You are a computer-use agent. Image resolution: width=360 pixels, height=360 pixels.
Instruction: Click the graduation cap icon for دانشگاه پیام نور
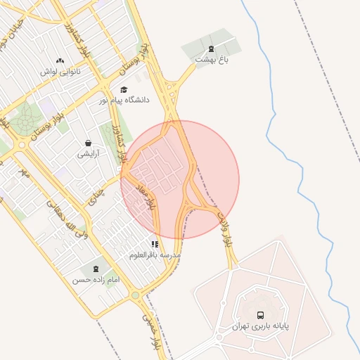(124, 89)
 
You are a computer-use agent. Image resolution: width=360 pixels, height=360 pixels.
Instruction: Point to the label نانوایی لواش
(60, 72)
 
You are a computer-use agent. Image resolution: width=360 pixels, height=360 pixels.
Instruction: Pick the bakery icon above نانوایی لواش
(60, 60)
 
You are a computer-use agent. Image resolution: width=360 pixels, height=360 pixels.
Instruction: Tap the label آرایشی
(88, 153)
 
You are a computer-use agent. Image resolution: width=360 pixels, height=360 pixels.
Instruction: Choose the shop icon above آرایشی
(88, 142)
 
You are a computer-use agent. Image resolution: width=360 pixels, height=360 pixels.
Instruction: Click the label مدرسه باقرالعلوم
(155, 255)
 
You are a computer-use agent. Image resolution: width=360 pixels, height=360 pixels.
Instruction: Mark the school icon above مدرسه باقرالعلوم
(155, 244)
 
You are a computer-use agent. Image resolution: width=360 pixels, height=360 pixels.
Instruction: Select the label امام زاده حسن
(95, 280)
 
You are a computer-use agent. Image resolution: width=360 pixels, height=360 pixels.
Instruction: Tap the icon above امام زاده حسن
(96, 269)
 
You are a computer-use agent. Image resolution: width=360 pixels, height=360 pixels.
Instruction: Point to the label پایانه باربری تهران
(260, 327)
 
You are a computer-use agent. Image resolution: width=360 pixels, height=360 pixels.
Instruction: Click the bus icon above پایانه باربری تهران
(261, 315)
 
